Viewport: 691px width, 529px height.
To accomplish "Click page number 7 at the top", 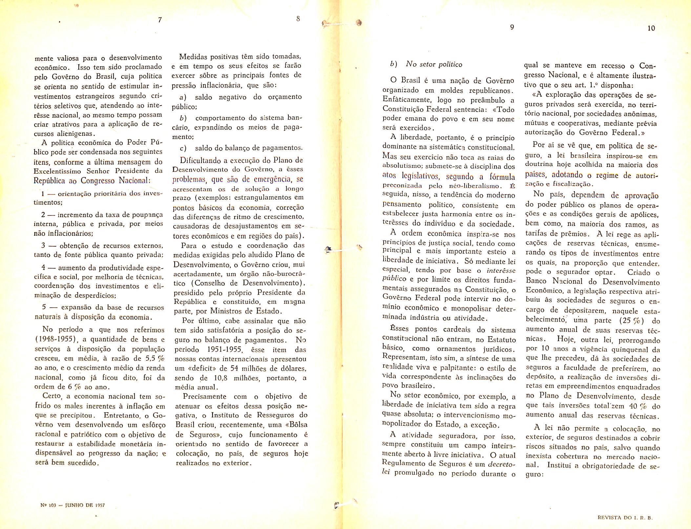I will coord(160,20).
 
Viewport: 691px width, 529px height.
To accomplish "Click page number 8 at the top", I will coord(298,19).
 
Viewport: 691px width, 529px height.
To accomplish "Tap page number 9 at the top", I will coord(512,28).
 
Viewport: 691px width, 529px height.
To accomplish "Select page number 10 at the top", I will coord(651,29).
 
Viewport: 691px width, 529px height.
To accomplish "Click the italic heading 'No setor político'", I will coord(434,64).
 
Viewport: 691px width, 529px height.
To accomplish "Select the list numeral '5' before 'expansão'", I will coord(44,308).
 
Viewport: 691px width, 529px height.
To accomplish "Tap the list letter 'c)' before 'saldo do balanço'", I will coord(183,148).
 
